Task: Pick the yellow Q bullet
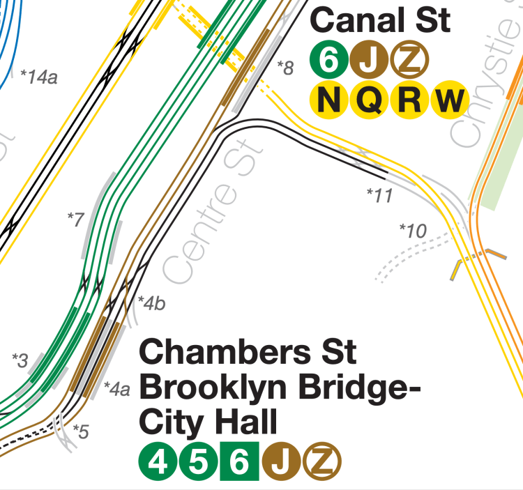click(x=370, y=100)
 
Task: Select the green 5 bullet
click(x=199, y=461)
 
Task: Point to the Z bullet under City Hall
click(x=322, y=461)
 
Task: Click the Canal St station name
click(x=380, y=20)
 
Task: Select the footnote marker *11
click(x=380, y=196)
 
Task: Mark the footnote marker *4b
click(x=152, y=303)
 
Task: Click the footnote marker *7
click(x=75, y=218)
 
